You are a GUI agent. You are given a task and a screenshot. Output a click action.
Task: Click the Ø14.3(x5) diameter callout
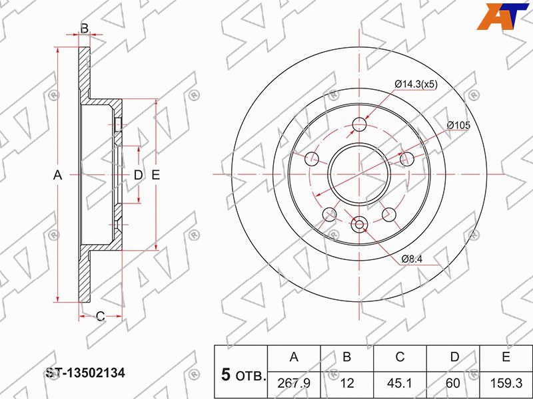tap(416, 84)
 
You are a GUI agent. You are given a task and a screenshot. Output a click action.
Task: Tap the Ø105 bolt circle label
tap(458, 125)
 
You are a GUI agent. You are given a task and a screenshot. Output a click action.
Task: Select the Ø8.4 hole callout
tap(412, 259)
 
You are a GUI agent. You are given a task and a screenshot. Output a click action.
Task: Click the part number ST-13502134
tap(85, 373)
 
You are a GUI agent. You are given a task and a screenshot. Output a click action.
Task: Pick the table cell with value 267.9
tap(294, 384)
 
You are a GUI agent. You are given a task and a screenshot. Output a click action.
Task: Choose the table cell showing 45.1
tap(400, 384)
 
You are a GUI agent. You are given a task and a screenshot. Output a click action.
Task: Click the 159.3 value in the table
tap(506, 384)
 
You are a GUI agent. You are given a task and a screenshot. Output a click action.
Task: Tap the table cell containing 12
tap(347, 384)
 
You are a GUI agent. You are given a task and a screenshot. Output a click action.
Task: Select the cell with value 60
tap(453, 384)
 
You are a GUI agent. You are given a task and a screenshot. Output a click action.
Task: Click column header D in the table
tap(454, 357)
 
